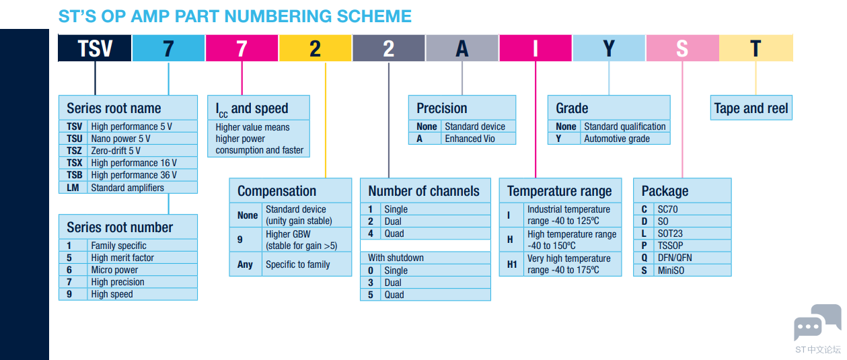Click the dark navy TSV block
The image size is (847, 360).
95,48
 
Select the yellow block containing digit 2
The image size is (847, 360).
315,48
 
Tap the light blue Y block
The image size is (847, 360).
609,48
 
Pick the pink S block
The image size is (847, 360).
683,48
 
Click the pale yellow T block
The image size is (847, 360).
756,48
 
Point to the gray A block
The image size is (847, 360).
462,48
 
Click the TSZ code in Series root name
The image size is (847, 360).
74,151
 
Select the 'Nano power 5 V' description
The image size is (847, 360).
120,139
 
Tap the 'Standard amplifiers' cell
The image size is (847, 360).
127,188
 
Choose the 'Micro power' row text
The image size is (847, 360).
114,270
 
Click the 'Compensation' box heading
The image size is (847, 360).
277,191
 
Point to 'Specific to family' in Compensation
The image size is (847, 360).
298,264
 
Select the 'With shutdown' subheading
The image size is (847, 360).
396,258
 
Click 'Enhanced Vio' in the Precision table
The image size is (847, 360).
470,139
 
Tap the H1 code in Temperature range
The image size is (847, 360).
511,264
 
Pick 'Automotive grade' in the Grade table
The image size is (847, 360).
617,139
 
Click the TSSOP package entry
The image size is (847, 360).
671,246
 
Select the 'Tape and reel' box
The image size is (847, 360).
751,108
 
